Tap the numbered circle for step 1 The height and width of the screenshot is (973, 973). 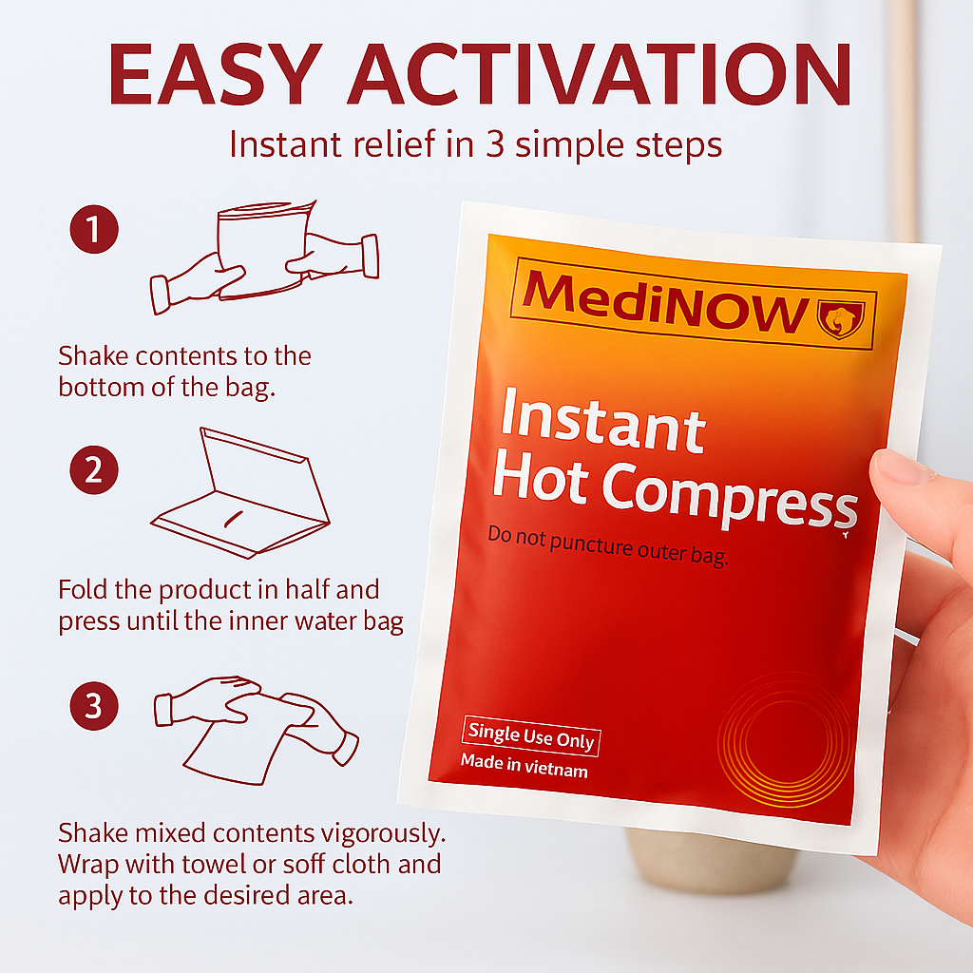click(94, 230)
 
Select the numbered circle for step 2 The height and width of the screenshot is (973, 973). click(94, 469)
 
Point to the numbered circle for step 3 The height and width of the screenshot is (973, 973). click(94, 706)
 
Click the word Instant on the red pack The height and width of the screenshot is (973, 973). click(602, 419)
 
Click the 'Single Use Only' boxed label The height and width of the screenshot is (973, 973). click(531, 737)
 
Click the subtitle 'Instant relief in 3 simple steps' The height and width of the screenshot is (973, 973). click(476, 145)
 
